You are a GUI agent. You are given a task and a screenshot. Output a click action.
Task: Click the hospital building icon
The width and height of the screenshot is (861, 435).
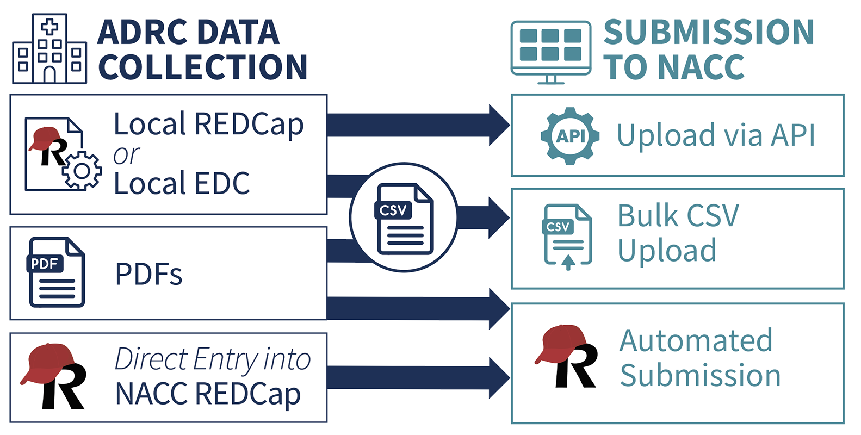point(49,49)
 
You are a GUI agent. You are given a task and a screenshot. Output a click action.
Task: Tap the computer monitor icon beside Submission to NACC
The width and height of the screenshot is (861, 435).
point(551,52)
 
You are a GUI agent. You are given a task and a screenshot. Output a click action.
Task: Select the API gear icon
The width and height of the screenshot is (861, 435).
point(570,136)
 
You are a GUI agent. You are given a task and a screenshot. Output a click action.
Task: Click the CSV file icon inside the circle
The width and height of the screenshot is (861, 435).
point(404,219)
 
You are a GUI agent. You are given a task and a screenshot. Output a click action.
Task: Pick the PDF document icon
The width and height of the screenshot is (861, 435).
point(56,272)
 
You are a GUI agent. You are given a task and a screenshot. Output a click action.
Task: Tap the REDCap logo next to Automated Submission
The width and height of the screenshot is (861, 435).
point(567,357)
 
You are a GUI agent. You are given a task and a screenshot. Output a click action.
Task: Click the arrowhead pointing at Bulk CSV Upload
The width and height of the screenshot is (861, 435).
point(498,217)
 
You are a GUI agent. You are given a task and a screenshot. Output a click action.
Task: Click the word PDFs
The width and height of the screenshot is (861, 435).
point(148,274)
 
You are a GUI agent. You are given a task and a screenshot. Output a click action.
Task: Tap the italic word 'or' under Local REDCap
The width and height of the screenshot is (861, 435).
point(126,156)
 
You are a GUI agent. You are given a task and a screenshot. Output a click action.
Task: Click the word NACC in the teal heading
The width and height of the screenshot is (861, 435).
point(701,67)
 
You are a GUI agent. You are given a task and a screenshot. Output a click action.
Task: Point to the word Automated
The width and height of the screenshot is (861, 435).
point(696,341)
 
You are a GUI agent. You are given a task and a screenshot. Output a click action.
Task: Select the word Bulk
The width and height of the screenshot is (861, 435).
point(648,215)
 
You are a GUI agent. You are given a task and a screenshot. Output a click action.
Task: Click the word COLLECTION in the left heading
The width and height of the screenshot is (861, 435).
point(203,67)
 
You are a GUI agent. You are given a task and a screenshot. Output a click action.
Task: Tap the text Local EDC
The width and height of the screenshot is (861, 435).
point(182,184)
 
